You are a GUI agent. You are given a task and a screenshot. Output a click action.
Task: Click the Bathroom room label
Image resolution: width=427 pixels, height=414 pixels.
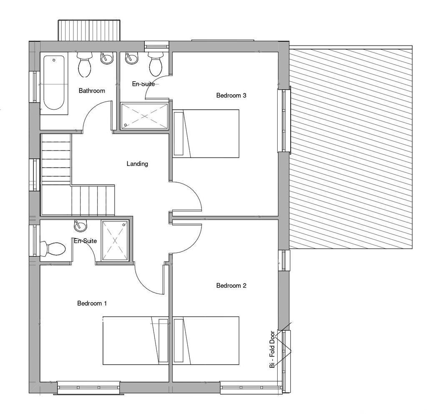92,90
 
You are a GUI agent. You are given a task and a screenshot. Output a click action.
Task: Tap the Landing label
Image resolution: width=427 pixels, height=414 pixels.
137,164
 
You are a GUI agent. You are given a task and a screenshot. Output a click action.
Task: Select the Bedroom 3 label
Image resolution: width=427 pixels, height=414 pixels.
231,95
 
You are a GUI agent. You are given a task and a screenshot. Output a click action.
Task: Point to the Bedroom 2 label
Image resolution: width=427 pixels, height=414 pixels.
231,286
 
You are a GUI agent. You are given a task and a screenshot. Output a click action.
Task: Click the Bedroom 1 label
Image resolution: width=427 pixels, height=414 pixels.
92,303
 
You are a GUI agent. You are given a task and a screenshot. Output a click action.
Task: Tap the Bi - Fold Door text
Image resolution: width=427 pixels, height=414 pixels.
272,349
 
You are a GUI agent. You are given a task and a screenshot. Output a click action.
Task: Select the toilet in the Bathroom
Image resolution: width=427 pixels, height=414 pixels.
84,65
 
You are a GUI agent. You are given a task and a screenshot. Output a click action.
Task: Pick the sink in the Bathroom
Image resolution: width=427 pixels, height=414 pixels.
107,58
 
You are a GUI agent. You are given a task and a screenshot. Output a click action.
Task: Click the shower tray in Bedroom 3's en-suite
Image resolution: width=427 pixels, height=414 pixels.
145,116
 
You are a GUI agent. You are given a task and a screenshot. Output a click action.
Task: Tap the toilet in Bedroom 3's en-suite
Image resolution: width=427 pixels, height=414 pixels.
156,65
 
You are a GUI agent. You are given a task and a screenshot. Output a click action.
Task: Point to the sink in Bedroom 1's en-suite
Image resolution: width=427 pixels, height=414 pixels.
80,226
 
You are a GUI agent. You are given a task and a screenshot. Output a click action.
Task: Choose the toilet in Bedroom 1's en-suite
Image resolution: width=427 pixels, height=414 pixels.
53,249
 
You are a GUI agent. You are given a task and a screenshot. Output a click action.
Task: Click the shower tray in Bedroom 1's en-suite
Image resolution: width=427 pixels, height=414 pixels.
115,241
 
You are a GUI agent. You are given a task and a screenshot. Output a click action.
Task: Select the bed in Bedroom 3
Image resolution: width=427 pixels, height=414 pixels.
206,134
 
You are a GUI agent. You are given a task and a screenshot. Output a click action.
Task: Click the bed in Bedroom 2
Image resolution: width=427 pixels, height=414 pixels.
206,341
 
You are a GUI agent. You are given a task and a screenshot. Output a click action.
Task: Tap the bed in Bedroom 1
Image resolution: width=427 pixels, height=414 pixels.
136,341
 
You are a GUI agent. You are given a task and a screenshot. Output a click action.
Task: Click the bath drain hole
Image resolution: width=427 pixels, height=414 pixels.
54,60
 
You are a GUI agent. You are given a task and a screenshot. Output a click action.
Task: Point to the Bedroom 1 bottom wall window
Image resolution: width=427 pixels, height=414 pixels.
88,388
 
